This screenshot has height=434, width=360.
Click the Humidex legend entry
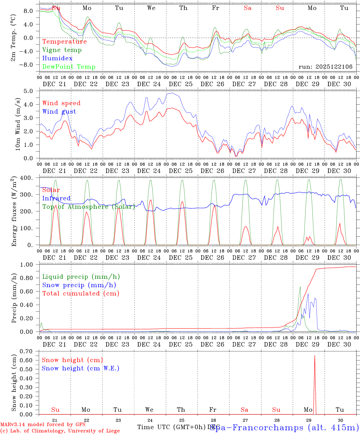(x=57, y=58)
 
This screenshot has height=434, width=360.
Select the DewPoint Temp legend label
(x=69, y=67)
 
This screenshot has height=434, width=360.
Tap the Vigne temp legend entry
(x=62, y=50)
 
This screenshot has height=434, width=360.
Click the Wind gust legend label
(x=59, y=112)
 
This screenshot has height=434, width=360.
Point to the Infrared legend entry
(x=56, y=198)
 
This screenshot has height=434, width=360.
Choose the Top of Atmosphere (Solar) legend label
(x=88, y=207)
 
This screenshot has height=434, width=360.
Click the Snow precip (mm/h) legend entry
(x=79, y=285)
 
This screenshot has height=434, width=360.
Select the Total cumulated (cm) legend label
(x=81, y=294)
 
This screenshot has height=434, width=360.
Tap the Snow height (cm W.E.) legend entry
(x=80, y=368)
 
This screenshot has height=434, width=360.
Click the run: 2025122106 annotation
(x=325, y=67)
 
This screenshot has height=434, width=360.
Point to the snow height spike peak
(x=315, y=356)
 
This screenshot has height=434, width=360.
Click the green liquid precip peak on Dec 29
(x=300, y=287)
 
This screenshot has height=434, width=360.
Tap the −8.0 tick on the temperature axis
(x=30, y=65)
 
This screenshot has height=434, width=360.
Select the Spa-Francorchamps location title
(x=284, y=427)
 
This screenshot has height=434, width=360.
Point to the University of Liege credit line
(x=60, y=431)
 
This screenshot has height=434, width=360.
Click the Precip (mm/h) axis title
(x=14, y=298)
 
